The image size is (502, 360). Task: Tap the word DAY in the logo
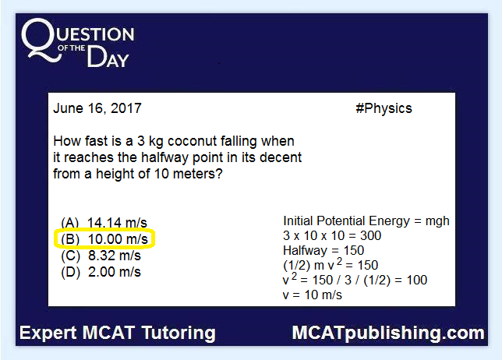pyautogui.click(x=108, y=57)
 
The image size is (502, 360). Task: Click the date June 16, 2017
pyautogui.click(x=97, y=108)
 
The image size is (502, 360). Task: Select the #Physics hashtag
pyautogui.click(x=384, y=108)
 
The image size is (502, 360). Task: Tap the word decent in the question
pyautogui.click(x=281, y=157)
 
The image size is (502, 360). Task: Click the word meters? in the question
pyautogui.click(x=197, y=174)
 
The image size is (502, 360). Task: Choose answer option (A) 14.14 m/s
pyautogui.click(x=104, y=222)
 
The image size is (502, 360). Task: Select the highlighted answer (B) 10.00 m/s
pyautogui.click(x=104, y=239)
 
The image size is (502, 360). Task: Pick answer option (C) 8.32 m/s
pyautogui.click(x=101, y=256)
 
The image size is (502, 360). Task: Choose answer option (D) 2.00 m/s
pyautogui.click(x=101, y=272)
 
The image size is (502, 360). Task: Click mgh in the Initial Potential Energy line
pyautogui.click(x=437, y=221)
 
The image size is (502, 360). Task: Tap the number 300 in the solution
pyautogui.click(x=370, y=236)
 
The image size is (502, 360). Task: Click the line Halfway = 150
pyautogui.click(x=323, y=251)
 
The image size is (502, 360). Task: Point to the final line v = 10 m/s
pyautogui.click(x=313, y=295)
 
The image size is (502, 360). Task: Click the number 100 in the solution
pyautogui.click(x=417, y=281)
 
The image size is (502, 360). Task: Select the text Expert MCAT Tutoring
pyautogui.click(x=118, y=333)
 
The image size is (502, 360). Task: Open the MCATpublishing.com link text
pyautogui.click(x=388, y=334)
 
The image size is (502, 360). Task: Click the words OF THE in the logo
pyautogui.click(x=72, y=48)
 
